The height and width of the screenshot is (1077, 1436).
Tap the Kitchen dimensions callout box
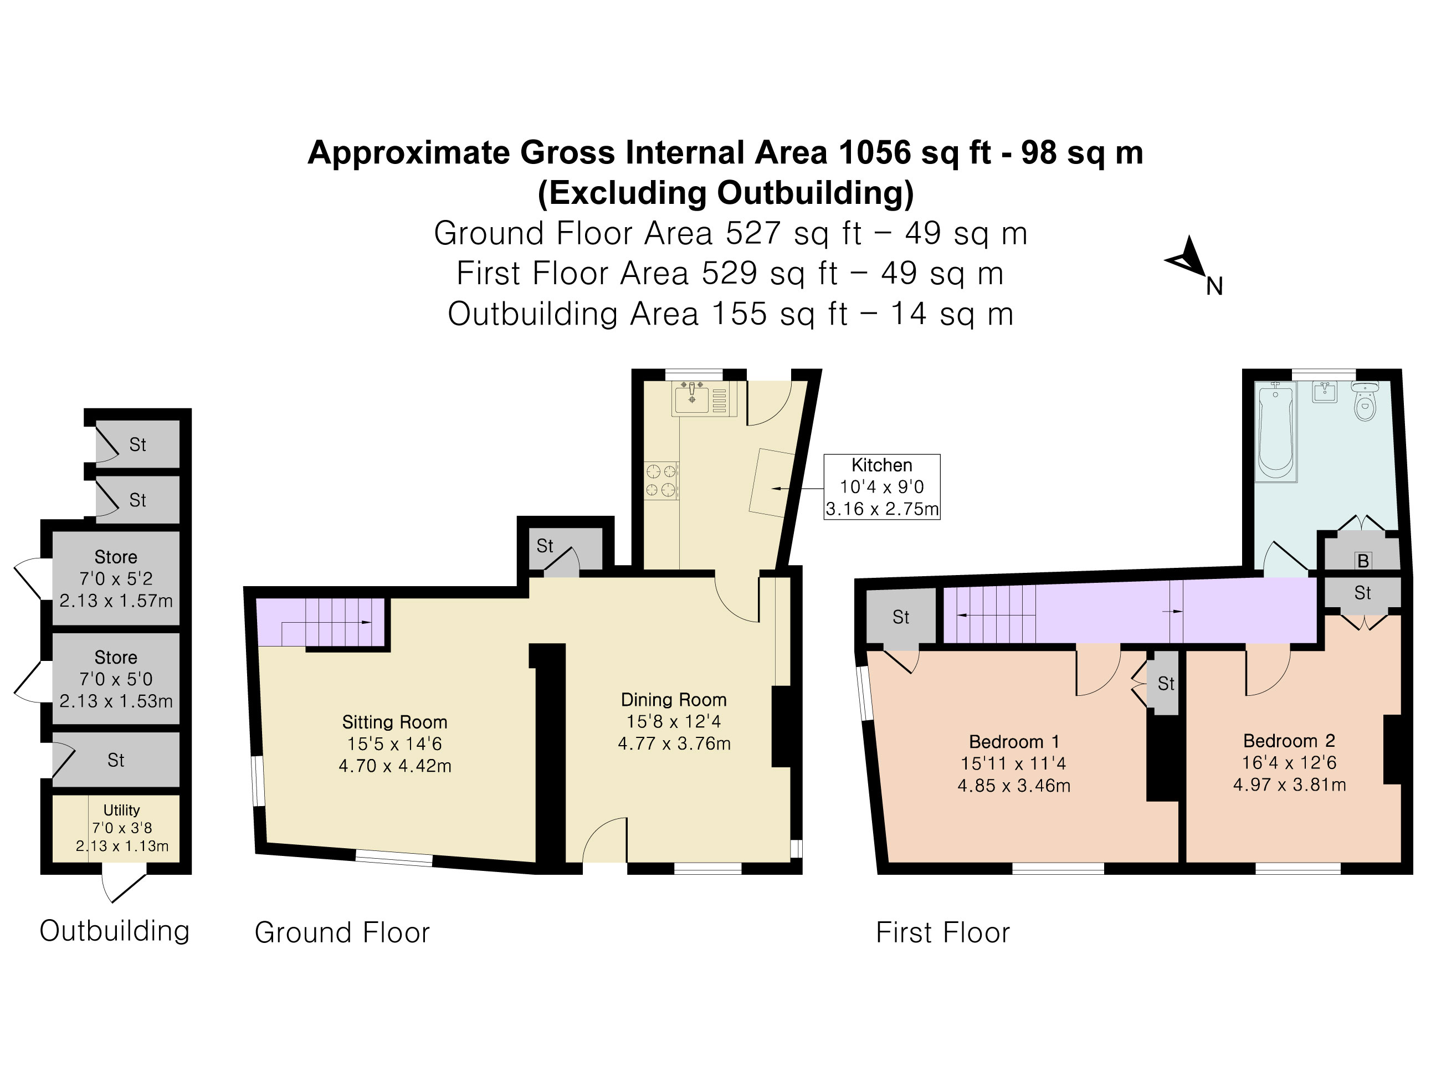881,487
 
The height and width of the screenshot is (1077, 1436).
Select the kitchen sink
692,398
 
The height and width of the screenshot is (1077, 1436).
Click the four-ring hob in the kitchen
661,480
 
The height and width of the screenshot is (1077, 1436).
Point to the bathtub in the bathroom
1276,432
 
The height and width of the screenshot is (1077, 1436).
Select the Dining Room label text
673,700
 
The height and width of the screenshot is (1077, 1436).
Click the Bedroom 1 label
1013,741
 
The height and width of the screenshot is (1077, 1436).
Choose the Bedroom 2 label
1289,741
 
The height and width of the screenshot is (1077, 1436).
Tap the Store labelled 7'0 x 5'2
116,578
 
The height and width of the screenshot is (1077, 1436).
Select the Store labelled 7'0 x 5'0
116,679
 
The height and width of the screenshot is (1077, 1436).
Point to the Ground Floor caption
342,933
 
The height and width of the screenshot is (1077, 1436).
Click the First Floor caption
942,933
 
